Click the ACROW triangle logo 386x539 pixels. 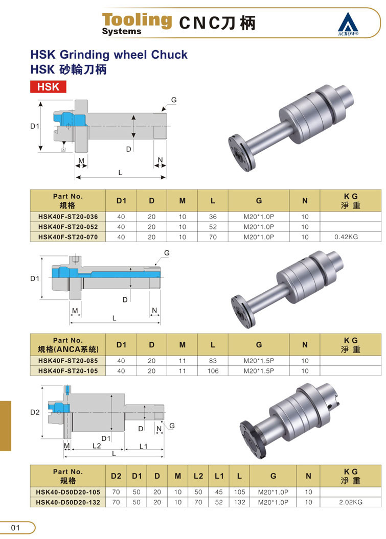tap(348, 24)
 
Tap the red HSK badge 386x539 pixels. tap(48, 87)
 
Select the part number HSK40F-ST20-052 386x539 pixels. tap(68, 227)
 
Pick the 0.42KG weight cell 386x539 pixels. tap(346, 237)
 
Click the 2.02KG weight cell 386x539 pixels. tap(351, 502)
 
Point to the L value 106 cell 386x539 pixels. tap(213, 371)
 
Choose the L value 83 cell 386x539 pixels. tap(213, 361)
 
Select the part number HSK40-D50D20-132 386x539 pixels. tap(68, 502)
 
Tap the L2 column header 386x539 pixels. tap(198, 476)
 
